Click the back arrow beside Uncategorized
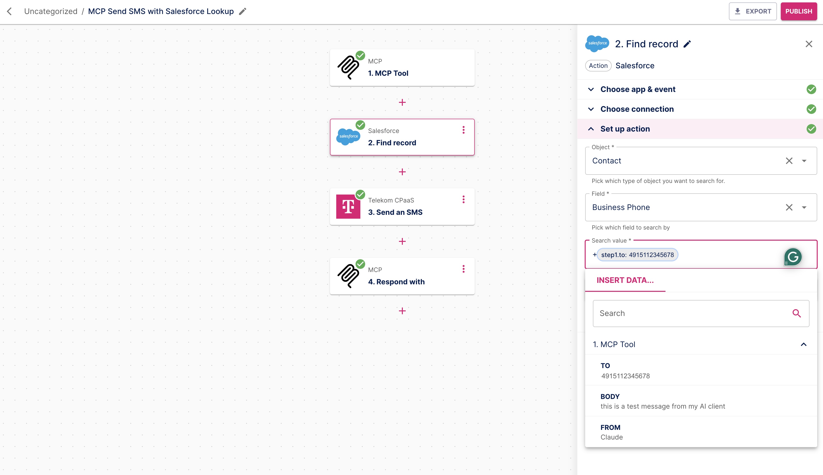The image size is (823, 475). point(9,11)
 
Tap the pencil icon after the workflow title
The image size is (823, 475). point(242,11)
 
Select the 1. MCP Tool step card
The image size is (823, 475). point(402,68)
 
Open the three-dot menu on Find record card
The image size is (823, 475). point(463,130)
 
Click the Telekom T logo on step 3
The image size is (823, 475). point(348,207)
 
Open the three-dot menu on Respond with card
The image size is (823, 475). point(463,269)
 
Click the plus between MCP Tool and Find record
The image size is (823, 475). point(402,102)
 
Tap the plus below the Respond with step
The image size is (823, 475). point(402,311)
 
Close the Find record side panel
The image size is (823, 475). point(809,44)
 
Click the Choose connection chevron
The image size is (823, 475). point(591,109)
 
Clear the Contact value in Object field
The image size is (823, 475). point(789,161)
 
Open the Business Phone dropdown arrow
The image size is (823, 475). point(804,208)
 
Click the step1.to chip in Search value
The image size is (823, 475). point(637,255)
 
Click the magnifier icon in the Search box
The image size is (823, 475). point(796,314)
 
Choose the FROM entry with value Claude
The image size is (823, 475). point(611,432)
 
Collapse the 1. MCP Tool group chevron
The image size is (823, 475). point(803,344)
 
